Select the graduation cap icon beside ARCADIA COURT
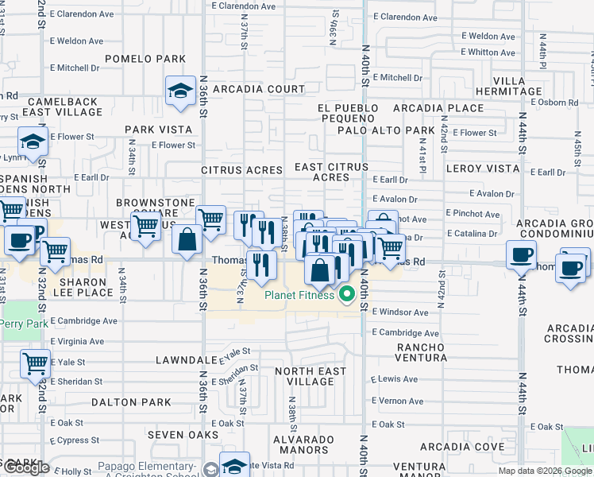[x=181, y=91]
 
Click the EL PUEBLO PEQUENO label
[x=345, y=113]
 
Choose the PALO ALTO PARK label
[x=386, y=130]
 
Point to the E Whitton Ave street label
[x=488, y=52]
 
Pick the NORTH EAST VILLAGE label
[x=310, y=376]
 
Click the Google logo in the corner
[x=26, y=468]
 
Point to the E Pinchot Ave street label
[x=473, y=214]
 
